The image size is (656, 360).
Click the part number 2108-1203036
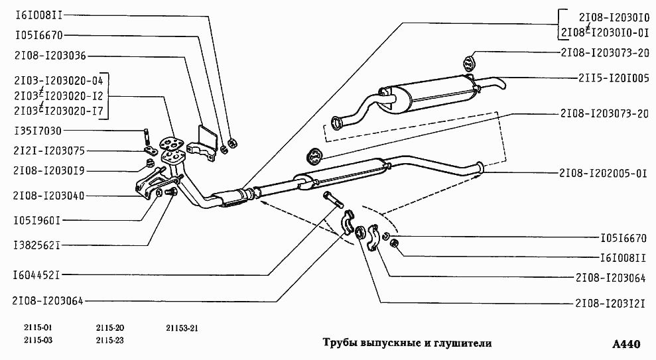[50, 56]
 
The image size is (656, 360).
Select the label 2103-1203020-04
[58, 80]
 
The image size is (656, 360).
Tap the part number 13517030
[37, 130]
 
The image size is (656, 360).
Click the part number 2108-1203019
[50, 171]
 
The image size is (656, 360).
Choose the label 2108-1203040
[50, 196]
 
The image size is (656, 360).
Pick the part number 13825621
[37, 245]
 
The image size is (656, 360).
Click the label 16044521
[37, 273]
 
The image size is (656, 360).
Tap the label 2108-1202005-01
[603, 174]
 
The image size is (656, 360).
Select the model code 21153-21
[182, 328]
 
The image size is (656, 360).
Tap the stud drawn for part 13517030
[145, 137]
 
